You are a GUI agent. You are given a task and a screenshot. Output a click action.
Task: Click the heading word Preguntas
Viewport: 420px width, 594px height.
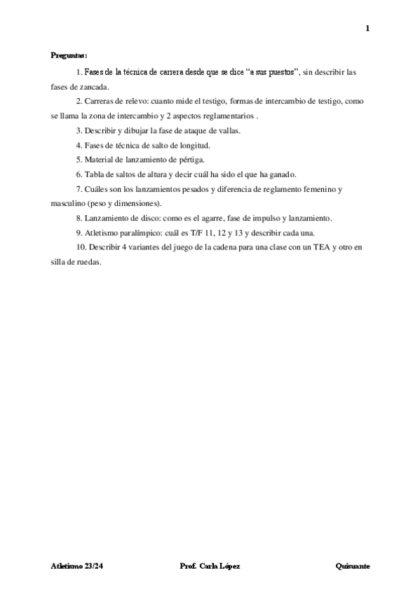coord(68,55)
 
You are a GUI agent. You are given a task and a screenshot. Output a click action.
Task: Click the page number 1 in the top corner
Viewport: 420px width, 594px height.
coord(367,28)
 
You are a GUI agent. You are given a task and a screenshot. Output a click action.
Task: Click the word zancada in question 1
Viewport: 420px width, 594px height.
coord(94,86)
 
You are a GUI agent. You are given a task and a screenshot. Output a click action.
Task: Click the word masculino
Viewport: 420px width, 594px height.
coord(69,203)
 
